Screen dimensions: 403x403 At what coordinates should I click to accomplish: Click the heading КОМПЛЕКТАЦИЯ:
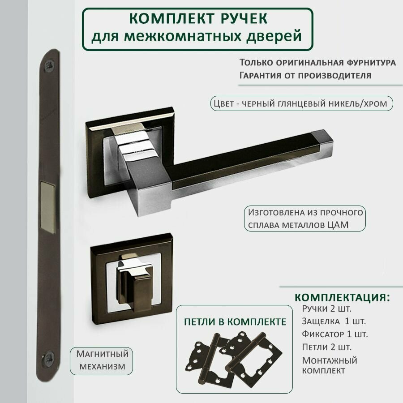click(x=342, y=298)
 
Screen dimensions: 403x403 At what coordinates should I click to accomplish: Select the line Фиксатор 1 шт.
click(x=335, y=334)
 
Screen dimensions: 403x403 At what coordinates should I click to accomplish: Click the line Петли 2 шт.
click(x=326, y=347)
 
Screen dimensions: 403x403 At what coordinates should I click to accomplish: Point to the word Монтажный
click(x=330, y=360)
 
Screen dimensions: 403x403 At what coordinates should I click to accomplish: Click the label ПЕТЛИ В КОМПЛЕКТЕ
click(x=235, y=322)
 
